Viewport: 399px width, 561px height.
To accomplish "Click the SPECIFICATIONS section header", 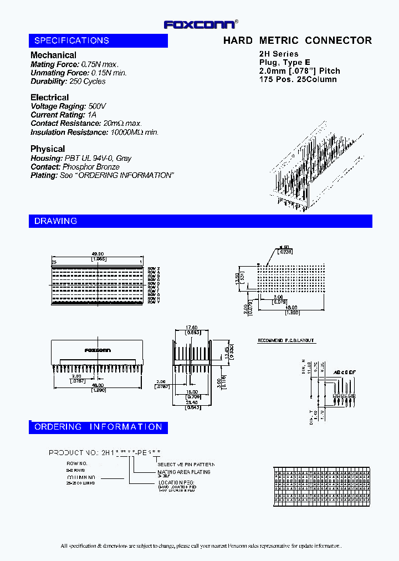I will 72,40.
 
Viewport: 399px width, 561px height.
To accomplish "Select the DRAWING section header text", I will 56,221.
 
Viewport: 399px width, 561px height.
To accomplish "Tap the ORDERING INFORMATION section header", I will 98,427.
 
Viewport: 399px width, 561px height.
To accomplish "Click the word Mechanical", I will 53,55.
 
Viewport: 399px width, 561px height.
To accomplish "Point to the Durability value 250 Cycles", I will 88,81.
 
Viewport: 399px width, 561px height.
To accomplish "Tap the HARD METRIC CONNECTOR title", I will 297,40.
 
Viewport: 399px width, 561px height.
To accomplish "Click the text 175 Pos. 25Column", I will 298,79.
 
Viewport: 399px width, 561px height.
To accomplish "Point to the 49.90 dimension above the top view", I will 99,255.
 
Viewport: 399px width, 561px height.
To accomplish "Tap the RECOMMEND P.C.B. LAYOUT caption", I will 285,340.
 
